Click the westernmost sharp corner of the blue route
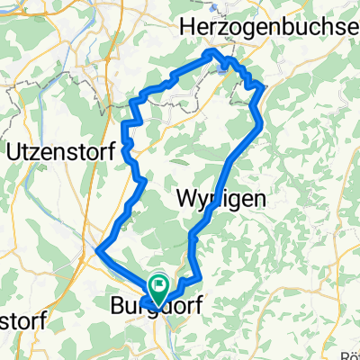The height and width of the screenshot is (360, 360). click(x=96, y=247)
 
